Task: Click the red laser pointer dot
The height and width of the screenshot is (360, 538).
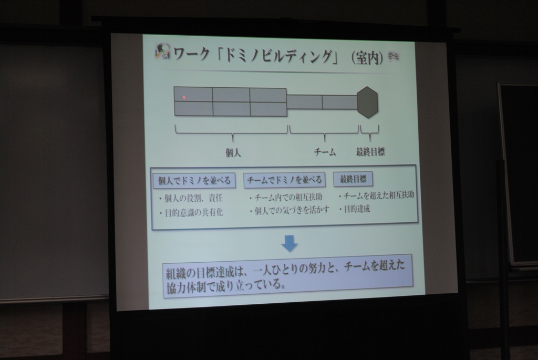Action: coord(184,97)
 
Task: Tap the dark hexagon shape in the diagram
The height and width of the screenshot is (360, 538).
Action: coord(367,102)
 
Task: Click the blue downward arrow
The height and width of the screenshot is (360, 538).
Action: coord(289,243)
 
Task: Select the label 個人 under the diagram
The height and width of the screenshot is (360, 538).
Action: coord(233,152)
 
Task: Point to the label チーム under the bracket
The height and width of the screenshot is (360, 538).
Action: coord(325,152)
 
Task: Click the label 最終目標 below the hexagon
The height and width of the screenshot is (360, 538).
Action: coord(370,151)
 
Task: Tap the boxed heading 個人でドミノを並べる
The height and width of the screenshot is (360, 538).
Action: coord(194,180)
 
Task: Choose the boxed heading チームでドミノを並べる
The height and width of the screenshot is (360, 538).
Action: coord(284,180)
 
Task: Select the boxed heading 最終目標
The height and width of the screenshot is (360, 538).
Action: coord(353,179)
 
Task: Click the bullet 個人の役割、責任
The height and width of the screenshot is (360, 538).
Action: coord(191,198)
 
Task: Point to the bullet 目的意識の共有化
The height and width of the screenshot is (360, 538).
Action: coord(191,212)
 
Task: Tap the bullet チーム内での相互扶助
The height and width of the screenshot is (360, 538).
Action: coord(286,197)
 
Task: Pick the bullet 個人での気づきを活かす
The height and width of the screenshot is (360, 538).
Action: coord(289,210)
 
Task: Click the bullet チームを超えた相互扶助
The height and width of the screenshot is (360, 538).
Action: coord(376,196)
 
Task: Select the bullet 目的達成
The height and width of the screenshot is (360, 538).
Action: coord(355,209)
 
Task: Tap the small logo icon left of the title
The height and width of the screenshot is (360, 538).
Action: coord(162,51)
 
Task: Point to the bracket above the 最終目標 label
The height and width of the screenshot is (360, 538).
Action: coord(369,132)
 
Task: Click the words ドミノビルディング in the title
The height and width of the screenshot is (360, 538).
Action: coord(278,56)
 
